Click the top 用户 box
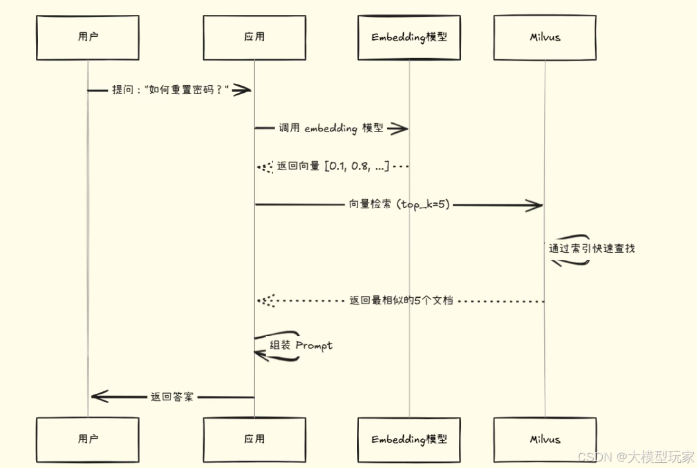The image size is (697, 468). (x=88, y=37)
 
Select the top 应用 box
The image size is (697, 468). (x=254, y=37)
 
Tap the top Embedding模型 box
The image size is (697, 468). (x=409, y=37)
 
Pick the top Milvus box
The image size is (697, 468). (x=545, y=37)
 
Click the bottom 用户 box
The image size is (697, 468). (x=88, y=440)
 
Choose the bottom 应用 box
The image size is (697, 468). (x=254, y=440)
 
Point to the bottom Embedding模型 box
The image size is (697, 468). (x=409, y=440)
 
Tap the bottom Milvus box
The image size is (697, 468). (x=545, y=440)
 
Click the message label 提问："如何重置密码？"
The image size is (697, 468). (x=171, y=90)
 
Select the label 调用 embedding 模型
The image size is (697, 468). (x=331, y=128)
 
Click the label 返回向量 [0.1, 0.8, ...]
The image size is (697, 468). (x=333, y=166)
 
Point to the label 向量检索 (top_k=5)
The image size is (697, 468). (x=399, y=205)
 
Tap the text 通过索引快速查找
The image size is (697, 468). (x=592, y=248)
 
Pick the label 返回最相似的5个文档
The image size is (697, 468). (x=401, y=300)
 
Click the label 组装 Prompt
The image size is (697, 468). (x=301, y=346)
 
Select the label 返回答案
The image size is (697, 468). (x=172, y=397)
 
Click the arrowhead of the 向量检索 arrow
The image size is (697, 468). (x=535, y=205)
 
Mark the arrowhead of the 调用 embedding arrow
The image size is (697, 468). (x=399, y=128)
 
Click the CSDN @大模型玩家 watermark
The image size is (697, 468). (x=635, y=457)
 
